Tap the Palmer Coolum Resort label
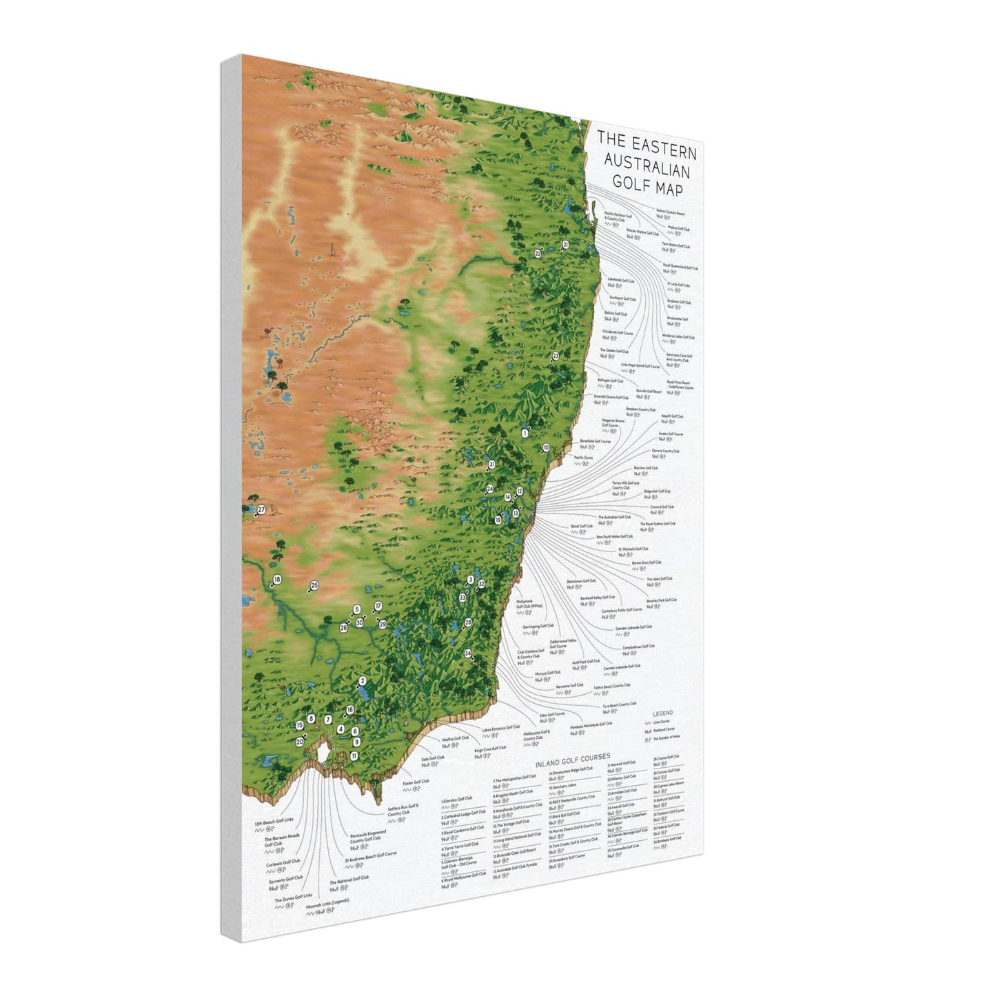coord(671,214)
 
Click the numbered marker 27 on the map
coord(261,510)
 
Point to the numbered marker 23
coord(556,356)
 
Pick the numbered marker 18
coord(277,580)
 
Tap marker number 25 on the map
coord(314,585)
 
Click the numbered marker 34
coord(468,653)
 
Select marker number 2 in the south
coord(363,681)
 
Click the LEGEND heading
coord(663,713)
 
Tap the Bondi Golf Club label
coord(581,527)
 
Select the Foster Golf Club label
coord(416,782)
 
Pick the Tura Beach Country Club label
coord(619,705)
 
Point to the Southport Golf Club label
coord(622,299)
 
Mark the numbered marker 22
coord(538,254)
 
